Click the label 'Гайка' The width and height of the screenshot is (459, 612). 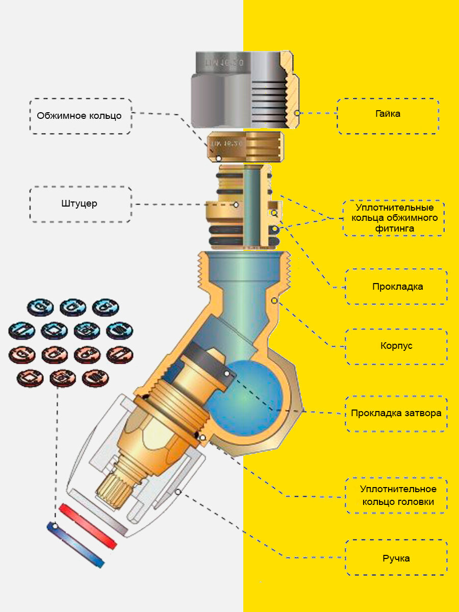pyautogui.click(x=388, y=114)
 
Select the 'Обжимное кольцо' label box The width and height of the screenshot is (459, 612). pyautogui.click(x=80, y=116)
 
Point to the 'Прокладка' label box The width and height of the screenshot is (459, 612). pyautogui.click(x=397, y=286)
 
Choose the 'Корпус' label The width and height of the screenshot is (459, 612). pyautogui.click(x=396, y=345)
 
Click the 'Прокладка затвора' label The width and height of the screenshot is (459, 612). pyautogui.click(x=396, y=413)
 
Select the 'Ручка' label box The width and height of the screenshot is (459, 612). pyautogui.click(x=396, y=558)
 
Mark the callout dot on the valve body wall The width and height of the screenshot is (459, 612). pyautogui.click(x=275, y=301)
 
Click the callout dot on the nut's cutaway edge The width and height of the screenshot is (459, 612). pyautogui.click(x=299, y=113)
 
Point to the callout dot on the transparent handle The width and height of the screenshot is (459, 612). pyautogui.click(x=178, y=491)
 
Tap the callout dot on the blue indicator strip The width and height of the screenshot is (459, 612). pyautogui.click(x=55, y=525)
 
